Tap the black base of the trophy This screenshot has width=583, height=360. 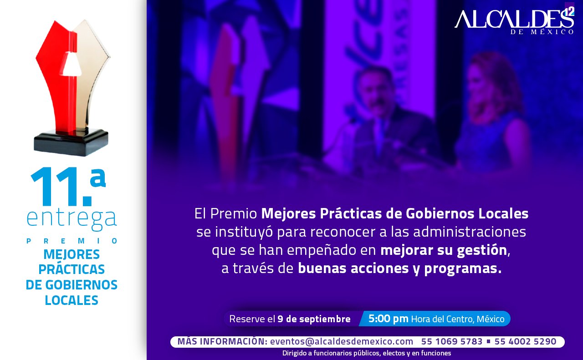point(71,142)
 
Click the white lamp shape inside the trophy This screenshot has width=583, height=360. point(71,64)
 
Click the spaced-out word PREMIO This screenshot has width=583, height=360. point(72,241)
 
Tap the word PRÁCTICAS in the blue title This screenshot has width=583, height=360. point(72,269)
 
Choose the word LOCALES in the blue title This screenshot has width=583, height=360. point(72,300)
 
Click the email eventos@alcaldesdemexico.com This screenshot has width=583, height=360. point(342,341)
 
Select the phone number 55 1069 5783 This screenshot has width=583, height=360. point(452,341)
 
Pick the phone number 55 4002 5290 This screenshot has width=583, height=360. point(525,341)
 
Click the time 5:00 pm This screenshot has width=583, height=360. point(389,319)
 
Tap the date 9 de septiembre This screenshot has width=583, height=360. point(314,319)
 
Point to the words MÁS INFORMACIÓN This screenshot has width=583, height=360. point(222,341)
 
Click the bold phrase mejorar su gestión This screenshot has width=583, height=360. point(444,250)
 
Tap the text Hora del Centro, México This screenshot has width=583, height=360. point(458,319)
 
